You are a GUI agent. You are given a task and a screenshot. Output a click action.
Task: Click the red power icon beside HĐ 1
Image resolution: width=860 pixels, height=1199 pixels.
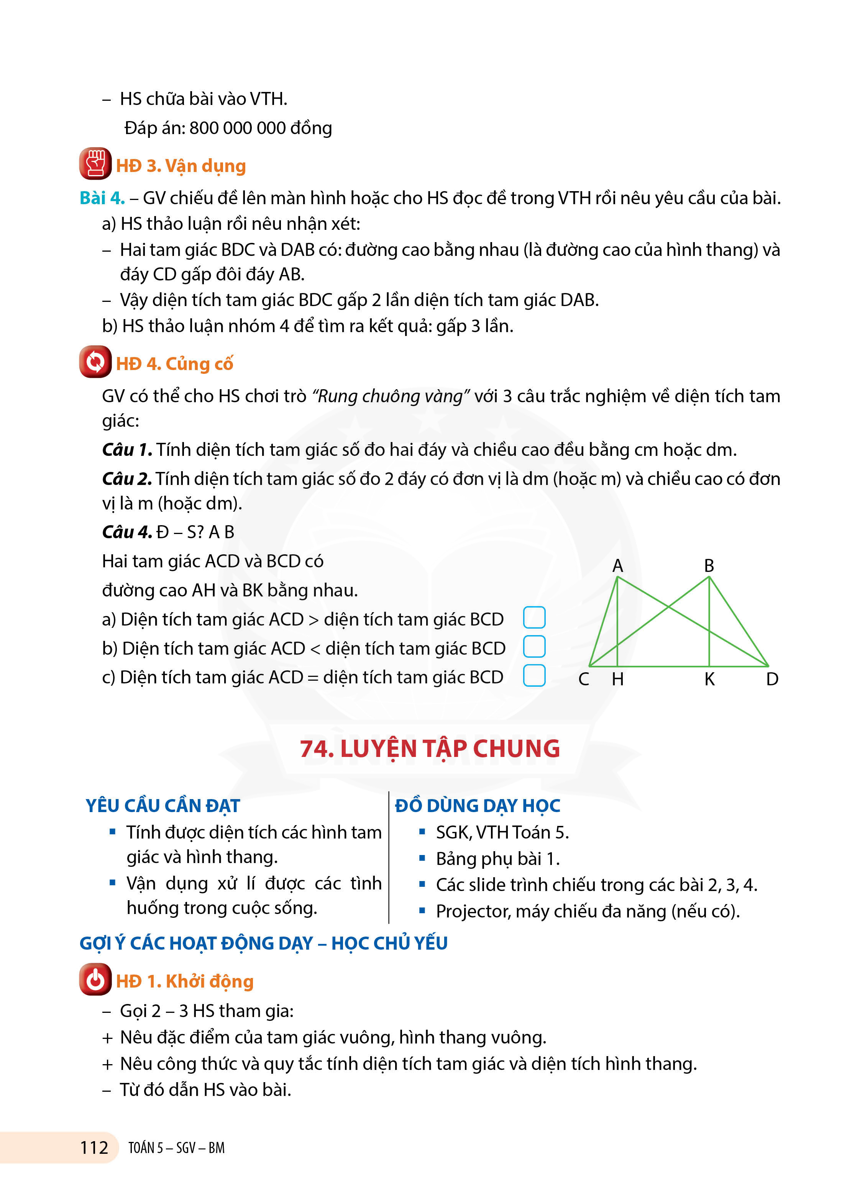coord(95,979)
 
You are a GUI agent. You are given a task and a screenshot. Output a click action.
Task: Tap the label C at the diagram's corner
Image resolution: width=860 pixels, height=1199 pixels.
coord(583,679)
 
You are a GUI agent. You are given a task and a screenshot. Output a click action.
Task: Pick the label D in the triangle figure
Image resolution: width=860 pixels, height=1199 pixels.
coord(772,679)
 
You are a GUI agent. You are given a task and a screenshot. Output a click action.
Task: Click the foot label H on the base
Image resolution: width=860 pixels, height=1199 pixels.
coord(617,679)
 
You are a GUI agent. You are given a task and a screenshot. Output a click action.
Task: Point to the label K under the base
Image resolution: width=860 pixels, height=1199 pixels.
coord(709,679)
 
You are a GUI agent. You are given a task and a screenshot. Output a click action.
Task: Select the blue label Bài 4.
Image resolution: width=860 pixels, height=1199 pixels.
coord(102,198)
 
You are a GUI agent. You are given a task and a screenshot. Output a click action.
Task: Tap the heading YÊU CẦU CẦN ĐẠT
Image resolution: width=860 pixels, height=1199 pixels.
coord(163,806)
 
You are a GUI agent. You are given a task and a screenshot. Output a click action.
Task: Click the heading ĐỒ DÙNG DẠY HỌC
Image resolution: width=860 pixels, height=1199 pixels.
coord(477,806)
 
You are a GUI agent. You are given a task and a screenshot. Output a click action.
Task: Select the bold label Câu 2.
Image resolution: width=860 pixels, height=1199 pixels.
coord(127,478)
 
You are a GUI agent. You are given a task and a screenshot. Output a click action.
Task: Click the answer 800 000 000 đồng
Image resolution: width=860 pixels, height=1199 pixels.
coord(260,128)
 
